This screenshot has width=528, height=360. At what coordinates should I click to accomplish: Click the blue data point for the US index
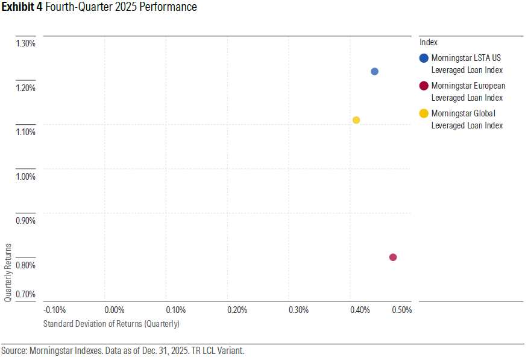374,71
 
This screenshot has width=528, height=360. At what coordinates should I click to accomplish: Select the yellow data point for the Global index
356,120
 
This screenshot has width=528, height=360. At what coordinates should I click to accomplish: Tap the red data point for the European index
393,257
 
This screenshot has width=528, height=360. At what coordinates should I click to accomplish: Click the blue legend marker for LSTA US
424,58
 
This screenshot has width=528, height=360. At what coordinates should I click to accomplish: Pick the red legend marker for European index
424,86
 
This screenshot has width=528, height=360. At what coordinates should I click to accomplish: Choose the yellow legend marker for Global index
424,113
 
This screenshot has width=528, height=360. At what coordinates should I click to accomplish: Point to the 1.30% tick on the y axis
26,43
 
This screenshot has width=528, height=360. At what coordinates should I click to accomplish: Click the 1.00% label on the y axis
26,177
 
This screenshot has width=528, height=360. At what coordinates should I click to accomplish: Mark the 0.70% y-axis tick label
26,294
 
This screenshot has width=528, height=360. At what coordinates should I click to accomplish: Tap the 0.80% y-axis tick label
26,265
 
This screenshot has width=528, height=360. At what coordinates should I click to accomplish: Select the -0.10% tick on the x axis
55,310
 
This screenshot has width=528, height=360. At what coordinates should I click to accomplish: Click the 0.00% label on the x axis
115,310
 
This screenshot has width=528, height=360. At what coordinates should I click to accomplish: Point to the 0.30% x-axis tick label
299,310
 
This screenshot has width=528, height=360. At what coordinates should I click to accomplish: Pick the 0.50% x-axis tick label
401,310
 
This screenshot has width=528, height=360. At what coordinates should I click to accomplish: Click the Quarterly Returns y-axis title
8,273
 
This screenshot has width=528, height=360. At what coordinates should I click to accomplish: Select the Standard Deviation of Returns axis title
112,324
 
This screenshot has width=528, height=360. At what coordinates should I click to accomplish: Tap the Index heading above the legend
428,42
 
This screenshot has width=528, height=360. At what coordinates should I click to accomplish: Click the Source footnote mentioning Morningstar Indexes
122,350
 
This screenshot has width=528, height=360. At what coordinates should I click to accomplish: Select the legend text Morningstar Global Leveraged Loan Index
467,119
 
